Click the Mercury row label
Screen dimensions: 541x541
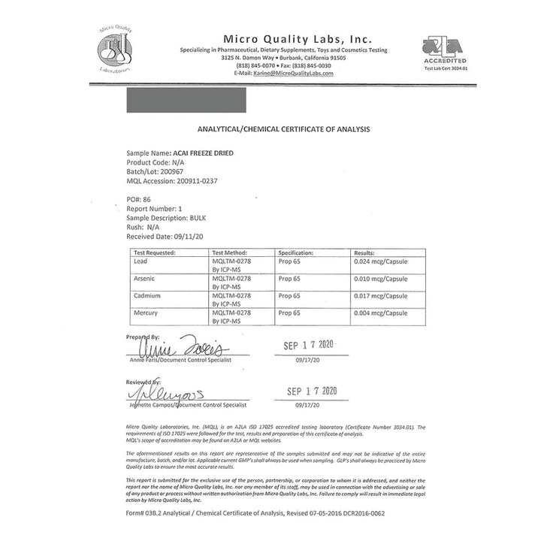[146, 312]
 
